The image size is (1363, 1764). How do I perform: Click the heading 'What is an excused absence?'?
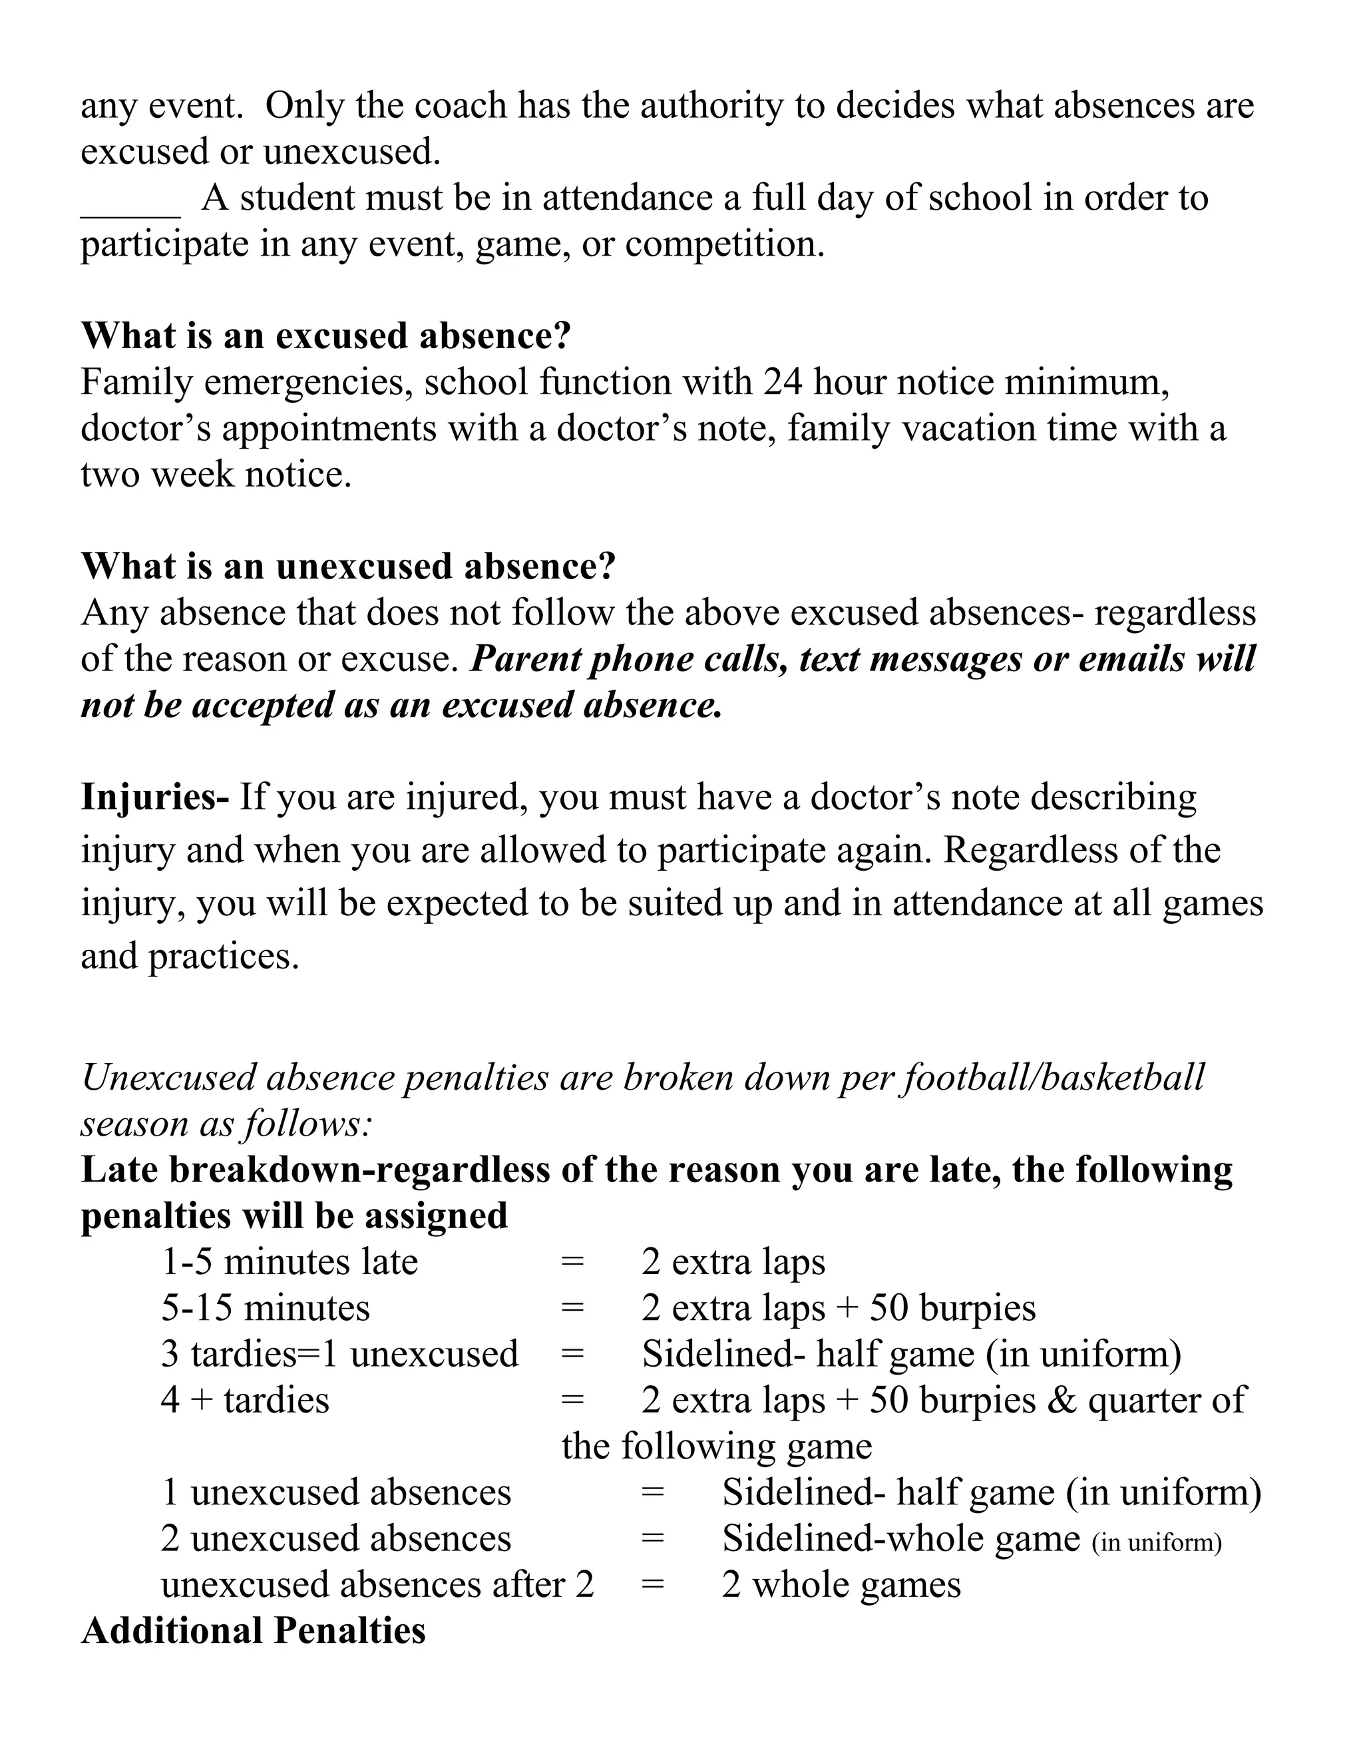325,336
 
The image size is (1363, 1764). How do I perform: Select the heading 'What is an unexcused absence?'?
348,566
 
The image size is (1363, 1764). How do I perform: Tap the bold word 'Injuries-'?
155,797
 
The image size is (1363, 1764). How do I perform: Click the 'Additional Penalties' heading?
254,1630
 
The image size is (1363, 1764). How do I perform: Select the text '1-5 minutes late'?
289,1261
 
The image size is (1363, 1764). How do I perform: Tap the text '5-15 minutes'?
265,1307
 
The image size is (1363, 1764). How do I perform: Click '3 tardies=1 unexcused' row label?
339,1354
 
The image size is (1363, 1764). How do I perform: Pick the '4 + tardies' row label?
245,1400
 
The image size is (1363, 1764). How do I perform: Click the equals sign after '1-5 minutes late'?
572,1261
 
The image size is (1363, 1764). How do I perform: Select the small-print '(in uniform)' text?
1156,1543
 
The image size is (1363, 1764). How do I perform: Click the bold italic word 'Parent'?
525,659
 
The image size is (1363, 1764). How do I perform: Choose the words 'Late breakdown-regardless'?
315,1170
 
